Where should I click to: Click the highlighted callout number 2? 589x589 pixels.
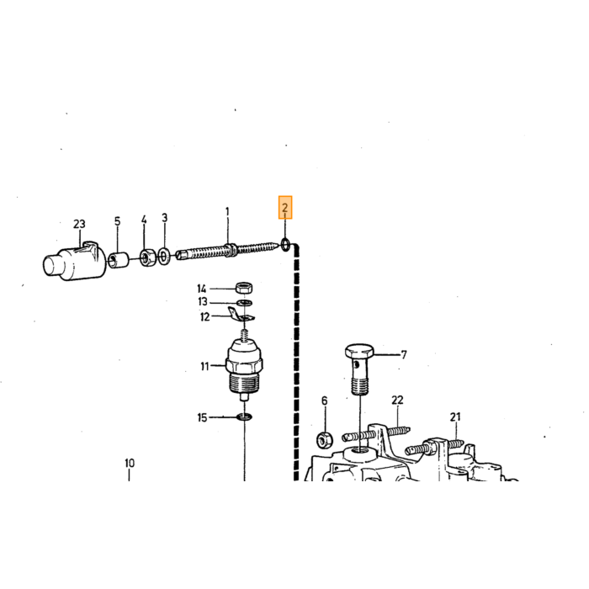point(285,207)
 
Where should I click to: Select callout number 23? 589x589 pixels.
point(79,225)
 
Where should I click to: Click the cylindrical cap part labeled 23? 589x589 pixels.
point(75,260)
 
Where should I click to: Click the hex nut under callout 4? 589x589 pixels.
point(147,257)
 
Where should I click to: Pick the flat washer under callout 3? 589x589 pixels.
point(164,256)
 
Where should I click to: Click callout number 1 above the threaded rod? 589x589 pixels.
point(227,212)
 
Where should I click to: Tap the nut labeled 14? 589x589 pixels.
point(244,288)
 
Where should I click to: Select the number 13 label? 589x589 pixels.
point(203,301)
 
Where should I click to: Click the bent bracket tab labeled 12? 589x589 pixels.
point(241,315)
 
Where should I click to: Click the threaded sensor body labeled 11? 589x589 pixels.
point(244,369)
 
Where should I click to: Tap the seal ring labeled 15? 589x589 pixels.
point(244,417)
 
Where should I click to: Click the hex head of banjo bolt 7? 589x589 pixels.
point(359,351)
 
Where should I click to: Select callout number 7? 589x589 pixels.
point(404,354)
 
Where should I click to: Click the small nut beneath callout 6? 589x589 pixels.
point(325,439)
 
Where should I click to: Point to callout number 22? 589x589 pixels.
point(397,400)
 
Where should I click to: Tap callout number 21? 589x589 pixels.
point(455,417)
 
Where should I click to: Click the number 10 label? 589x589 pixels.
point(130,463)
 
